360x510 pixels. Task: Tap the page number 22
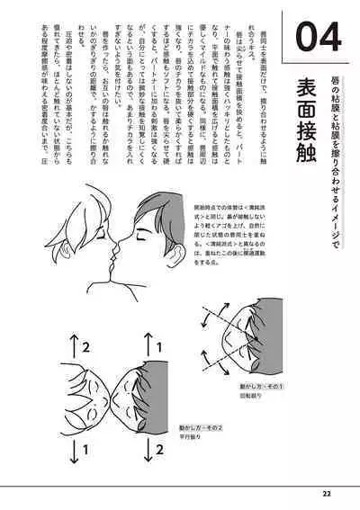[326, 493]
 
